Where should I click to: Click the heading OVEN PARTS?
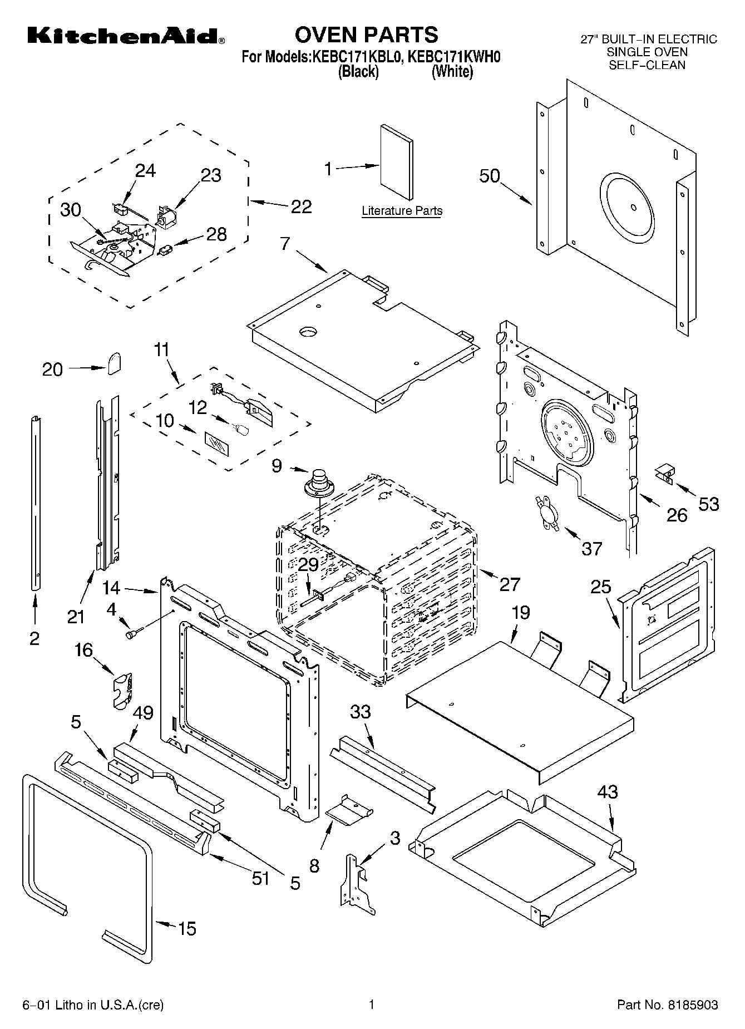[366, 35]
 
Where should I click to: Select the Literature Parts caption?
[402, 211]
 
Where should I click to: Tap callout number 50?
[490, 176]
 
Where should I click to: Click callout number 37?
[591, 549]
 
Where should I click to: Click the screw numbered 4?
[134, 633]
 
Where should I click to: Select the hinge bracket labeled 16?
[124, 691]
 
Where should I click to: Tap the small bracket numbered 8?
[349, 810]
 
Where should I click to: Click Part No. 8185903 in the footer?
[667, 1005]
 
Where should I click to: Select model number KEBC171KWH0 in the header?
[454, 57]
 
